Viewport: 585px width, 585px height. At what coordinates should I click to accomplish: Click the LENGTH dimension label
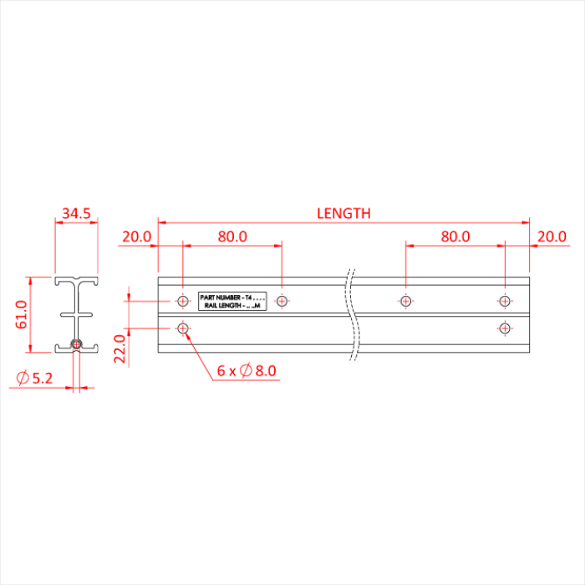click(x=343, y=213)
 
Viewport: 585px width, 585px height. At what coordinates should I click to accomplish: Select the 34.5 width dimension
click(x=75, y=214)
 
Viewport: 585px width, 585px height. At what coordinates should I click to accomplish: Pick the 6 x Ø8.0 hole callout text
click(x=246, y=370)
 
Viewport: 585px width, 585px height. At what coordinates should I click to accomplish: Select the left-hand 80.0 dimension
click(x=232, y=237)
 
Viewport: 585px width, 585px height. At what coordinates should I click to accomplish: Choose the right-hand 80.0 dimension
click(x=455, y=237)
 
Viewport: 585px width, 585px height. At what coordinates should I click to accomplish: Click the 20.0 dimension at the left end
click(x=136, y=237)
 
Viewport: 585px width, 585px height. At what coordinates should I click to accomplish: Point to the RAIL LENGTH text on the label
click(x=224, y=306)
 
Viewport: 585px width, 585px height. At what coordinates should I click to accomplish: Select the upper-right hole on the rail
click(x=504, y=301)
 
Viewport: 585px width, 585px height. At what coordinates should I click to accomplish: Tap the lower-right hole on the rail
click(x=504, y=328)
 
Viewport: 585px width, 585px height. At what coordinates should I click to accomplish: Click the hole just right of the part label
click(x=282, y=301)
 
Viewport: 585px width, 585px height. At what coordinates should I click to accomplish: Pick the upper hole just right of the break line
click(x=405, y=301)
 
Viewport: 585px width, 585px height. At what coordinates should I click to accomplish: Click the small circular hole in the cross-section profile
click(x=77, y=343)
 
